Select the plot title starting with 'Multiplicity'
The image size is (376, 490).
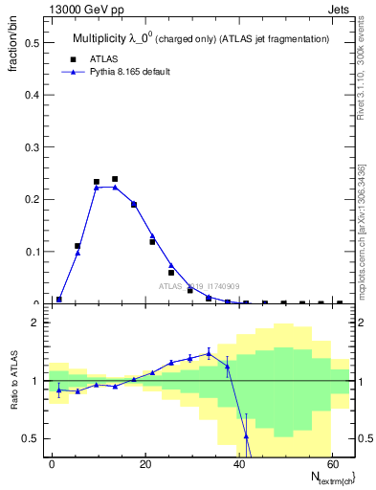pos(201,38)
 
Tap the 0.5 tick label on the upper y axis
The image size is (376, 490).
pos(31,43)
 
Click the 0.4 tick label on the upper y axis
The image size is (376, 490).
pos(31,96)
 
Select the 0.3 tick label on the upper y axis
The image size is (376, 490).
pos(31,147)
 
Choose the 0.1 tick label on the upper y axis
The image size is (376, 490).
pos(31,252)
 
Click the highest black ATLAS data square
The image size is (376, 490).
pos(115,179)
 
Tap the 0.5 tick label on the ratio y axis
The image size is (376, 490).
pos(31,438)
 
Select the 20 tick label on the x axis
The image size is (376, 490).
pos(145,464)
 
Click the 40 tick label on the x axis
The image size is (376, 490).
pos(239,464)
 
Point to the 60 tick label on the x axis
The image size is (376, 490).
pos(332,464)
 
